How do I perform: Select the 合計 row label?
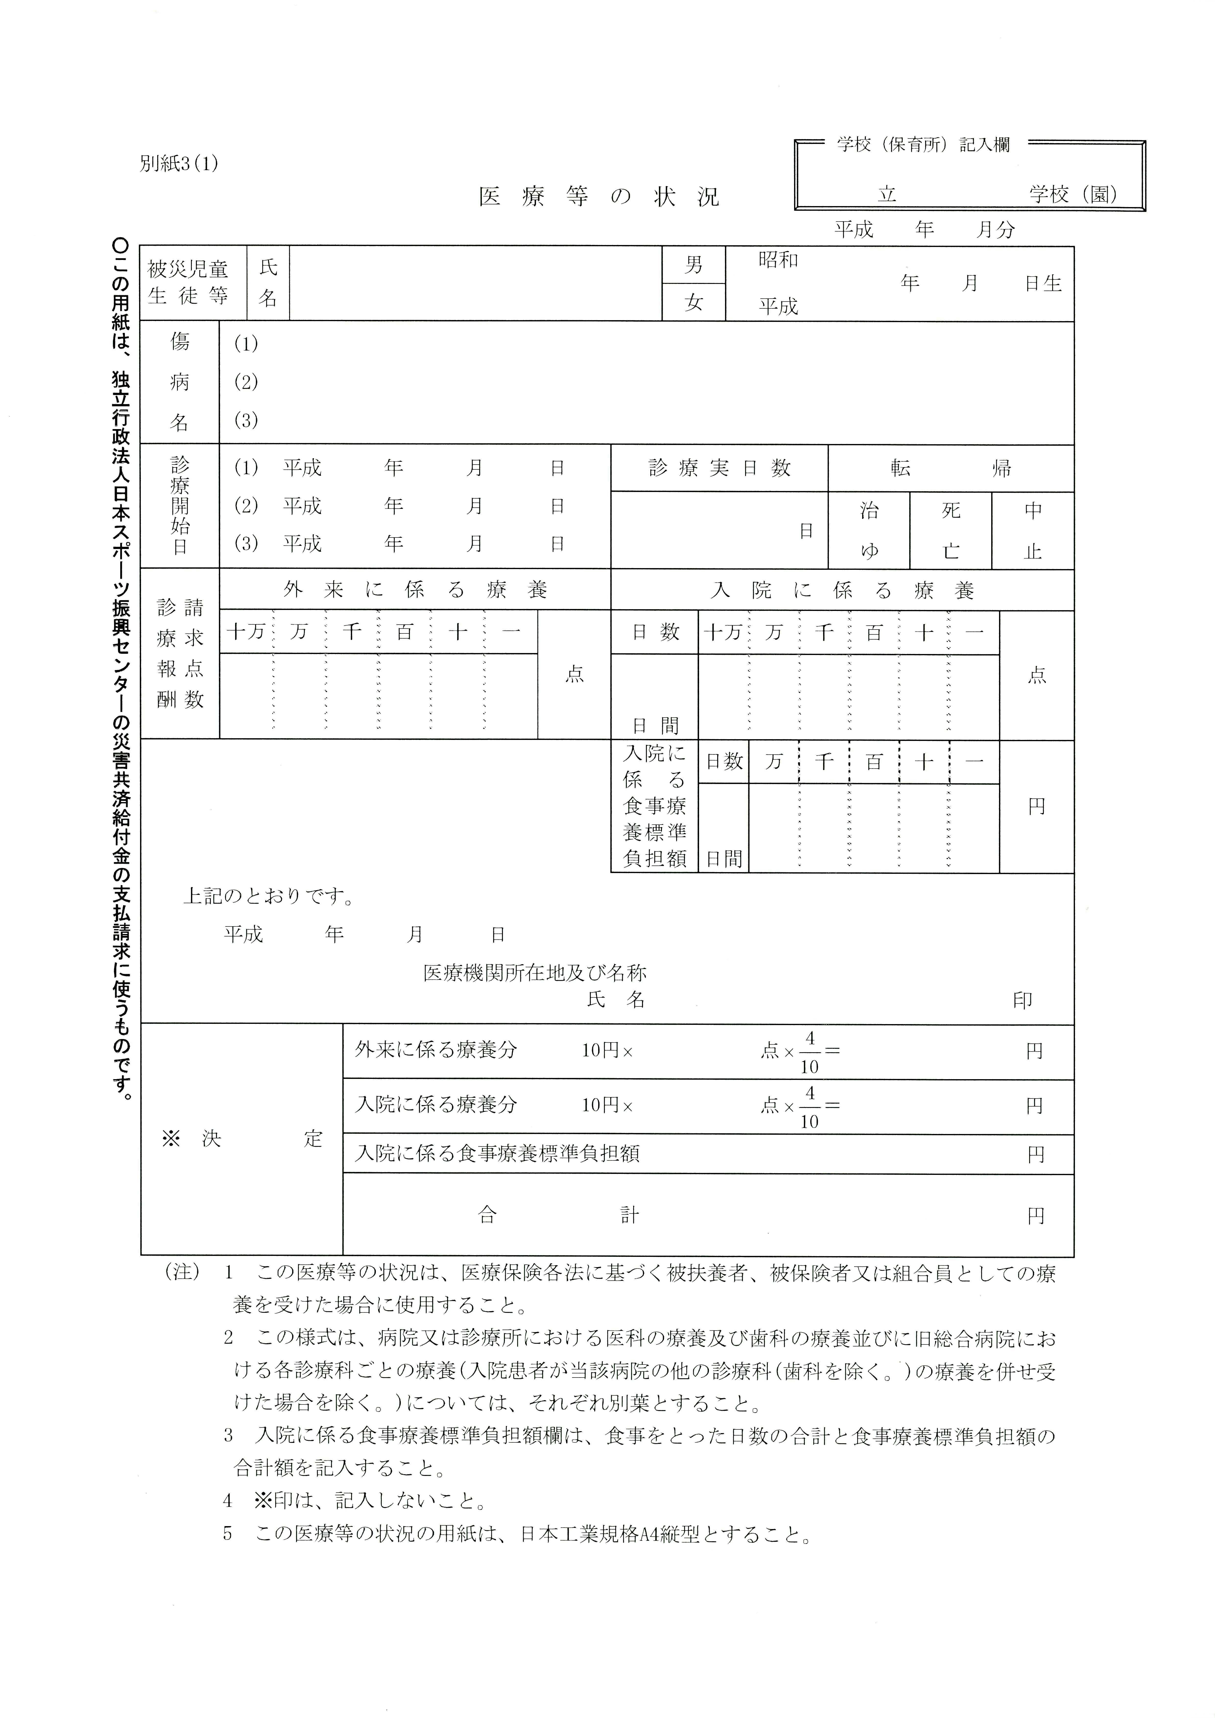click(x=558, y=1215)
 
